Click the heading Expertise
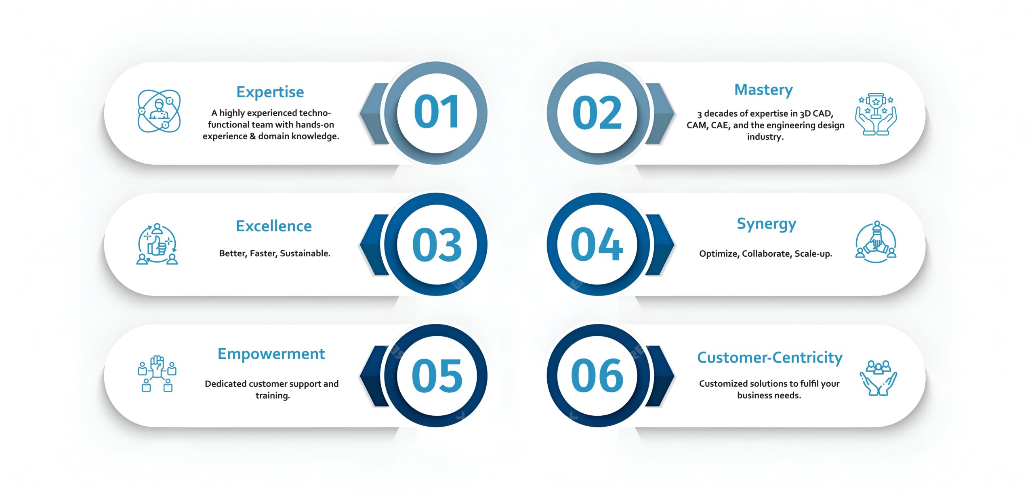tap(270, 92)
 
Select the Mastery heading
tap(763, 90)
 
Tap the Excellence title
tap(274, 226)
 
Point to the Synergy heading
tap(766, 224)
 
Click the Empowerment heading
tap(271, 354)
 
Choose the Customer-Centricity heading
tap(770, 358)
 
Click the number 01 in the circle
tap(437, 113)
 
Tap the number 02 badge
tap(598, 113)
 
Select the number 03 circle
tap(437, 244)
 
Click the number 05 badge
tap(437, 375)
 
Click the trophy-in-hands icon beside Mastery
tap(876, 114)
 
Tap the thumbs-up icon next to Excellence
tap(158, 244)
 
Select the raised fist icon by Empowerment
tap(157, 373)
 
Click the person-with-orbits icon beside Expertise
tap(159, 111)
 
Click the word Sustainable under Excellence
tap(305, 253)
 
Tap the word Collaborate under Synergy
tap(767, 254)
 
